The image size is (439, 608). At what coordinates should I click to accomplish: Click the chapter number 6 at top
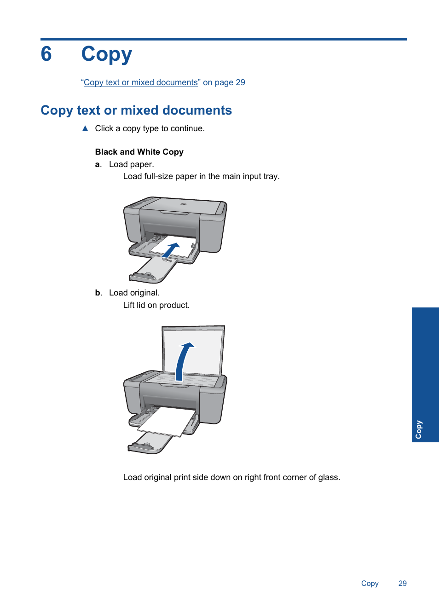[46, 54]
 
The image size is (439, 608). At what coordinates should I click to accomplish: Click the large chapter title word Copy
[106, 55]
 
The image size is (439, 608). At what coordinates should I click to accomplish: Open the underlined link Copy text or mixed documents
[140, 82]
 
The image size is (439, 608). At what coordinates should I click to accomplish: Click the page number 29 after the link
[240, 82]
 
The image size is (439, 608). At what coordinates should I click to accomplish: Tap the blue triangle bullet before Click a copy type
[85, 128]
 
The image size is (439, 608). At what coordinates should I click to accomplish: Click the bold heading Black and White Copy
[139, 152]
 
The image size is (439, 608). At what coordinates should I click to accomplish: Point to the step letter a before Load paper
[98, 165]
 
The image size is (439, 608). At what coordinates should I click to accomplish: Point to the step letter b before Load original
[98, 293]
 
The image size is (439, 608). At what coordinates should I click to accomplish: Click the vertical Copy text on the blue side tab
[418, 429]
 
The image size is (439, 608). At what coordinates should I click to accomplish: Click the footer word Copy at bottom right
[370, 583]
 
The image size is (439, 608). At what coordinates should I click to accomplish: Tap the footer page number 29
[402, 583]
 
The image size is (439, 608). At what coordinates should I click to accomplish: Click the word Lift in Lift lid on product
[129, 305]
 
